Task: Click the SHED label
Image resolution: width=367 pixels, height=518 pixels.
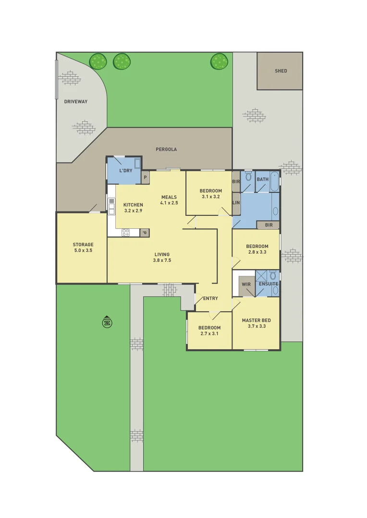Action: coord(281,71)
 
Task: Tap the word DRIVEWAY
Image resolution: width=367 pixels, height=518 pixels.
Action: coord(76,102)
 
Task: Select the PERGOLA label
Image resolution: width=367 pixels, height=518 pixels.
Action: coord(166,149)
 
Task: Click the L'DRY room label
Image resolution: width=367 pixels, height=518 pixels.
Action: coord(126,171)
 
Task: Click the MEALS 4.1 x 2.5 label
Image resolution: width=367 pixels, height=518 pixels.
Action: coord(169,200)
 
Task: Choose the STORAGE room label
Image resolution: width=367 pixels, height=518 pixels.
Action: coord(83,247)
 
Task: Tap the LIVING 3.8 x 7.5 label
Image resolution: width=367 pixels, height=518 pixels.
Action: coord(162,258)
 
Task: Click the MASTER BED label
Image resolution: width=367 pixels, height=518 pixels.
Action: coord(257,323)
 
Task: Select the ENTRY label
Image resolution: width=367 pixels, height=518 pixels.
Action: coord(210,298)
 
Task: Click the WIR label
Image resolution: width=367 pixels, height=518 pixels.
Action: coord(246,284)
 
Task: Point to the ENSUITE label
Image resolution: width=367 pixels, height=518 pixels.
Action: coord(268,284)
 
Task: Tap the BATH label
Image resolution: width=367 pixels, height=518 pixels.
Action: coord(263,179)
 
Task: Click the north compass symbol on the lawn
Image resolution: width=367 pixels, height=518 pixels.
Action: coord(107,322)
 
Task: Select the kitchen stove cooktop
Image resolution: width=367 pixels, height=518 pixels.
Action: coord(126,233)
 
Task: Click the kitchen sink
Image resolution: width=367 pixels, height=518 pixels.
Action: coord(111,206)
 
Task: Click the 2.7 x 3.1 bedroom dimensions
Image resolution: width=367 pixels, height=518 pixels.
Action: coord(209,334)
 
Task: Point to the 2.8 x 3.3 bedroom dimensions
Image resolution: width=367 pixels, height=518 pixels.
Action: coord(257,252)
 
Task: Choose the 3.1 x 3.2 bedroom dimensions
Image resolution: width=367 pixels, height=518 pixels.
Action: coord(210,197)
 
